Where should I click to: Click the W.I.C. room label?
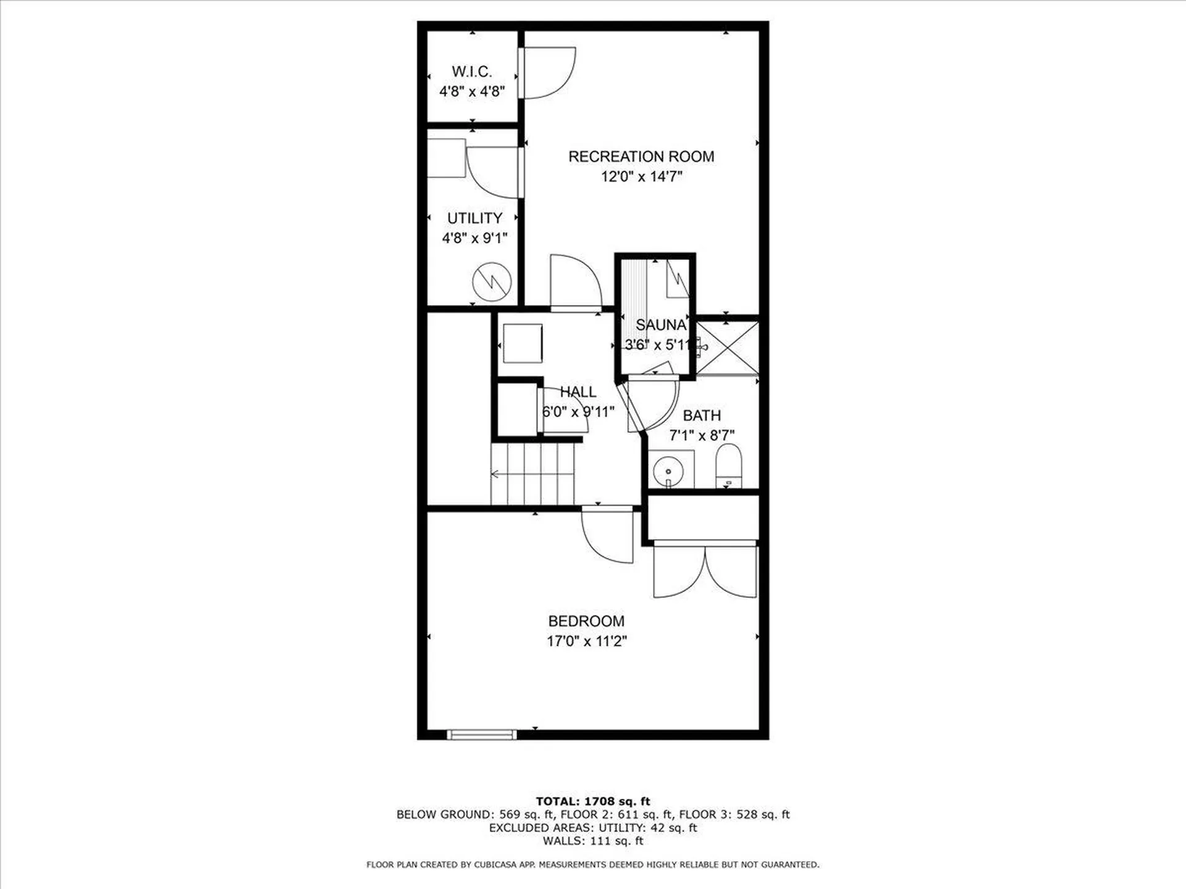point(472,72)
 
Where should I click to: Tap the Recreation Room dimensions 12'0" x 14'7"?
point(641,177)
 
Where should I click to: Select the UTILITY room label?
point(474,218)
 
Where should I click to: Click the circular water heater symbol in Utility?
point(492,282)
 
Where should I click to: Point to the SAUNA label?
point(660,325)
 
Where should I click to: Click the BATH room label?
point(702,415)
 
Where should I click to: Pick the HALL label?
point(578,392)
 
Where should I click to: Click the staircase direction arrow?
point(495,474)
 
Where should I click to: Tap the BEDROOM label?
point(586,621)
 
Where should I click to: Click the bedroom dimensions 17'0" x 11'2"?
point(586,641)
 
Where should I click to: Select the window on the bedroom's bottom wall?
point(481,735)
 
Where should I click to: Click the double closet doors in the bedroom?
point(705,571)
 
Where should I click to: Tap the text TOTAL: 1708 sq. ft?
point(592,801)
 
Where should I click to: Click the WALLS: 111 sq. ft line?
point(592,841)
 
